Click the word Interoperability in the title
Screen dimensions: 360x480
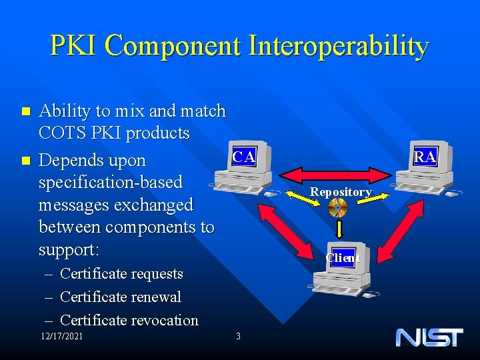point(339,47)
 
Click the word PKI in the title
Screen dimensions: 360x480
point(74,47)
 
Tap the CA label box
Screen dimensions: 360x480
point(243,157)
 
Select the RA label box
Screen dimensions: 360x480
point(425,157)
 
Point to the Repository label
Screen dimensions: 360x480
point(340,192)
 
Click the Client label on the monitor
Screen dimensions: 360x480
point(343,258)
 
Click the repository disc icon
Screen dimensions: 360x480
point(339,209)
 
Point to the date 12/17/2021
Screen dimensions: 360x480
point(61,336)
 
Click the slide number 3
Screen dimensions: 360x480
point(238,336)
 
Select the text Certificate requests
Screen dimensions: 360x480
point(121,274)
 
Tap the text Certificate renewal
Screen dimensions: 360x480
point(120,297)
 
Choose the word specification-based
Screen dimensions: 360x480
point(110,182)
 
